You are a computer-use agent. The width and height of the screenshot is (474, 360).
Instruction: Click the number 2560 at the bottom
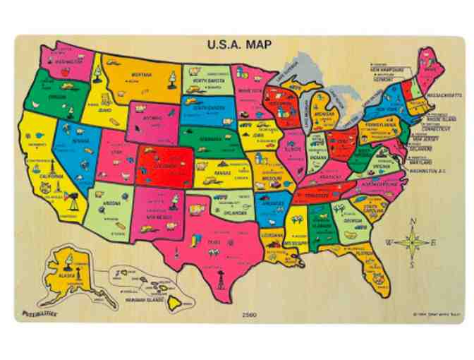point(248,313)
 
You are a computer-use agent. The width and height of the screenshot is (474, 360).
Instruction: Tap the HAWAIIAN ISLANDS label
point(135,298)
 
